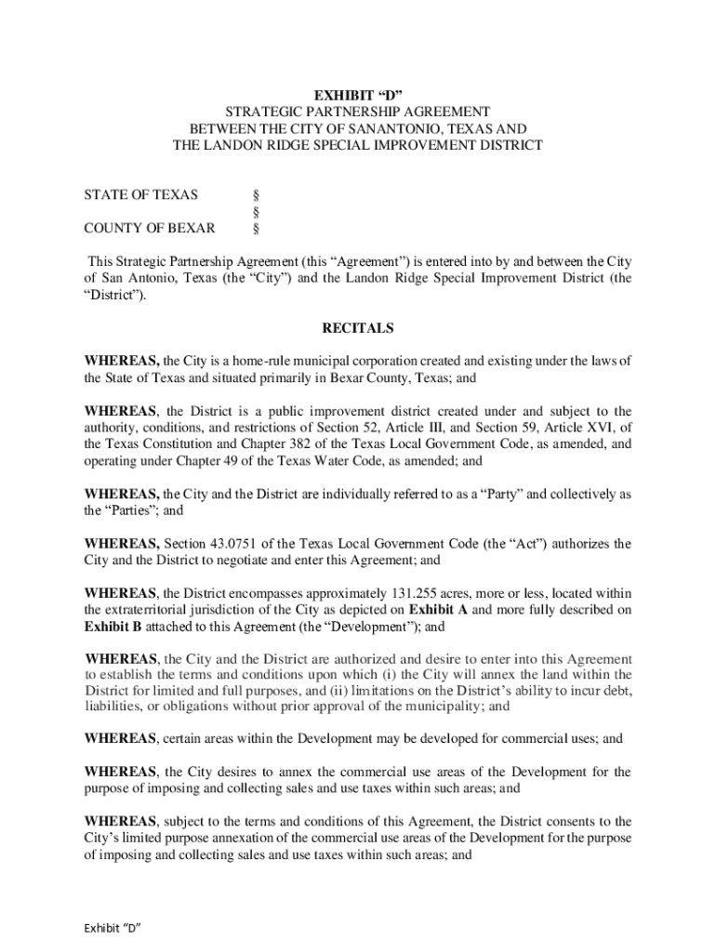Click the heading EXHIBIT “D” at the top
tap(357, 95)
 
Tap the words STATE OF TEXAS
tap(140, 195)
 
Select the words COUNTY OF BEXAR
tap(150, 228)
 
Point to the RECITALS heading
tap(357, 328)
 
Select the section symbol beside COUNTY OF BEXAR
tap(256, 228)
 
